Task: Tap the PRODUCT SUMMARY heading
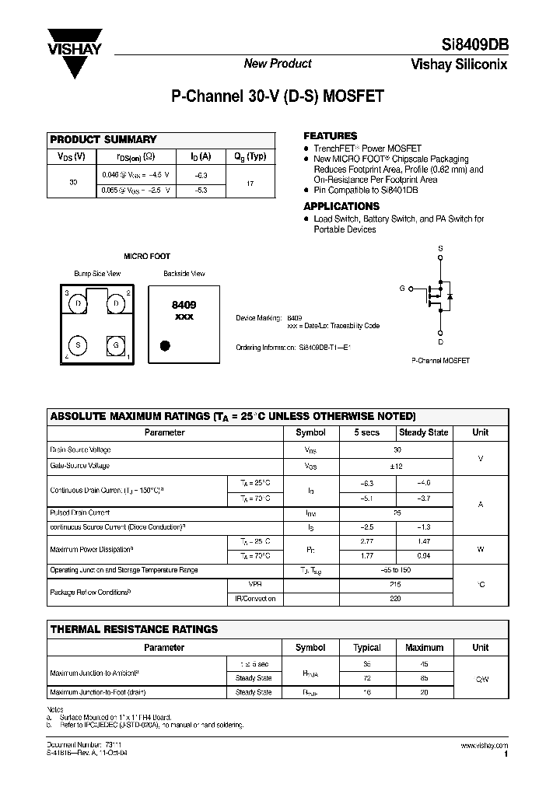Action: tap(103, 140)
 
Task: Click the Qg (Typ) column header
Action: tap(250, 156)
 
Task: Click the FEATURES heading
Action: tap(330, 135)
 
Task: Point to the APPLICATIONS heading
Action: tap(341, 206)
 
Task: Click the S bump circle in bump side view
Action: tap(79, 345)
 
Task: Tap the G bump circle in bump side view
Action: tap(115, 345)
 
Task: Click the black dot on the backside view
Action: tap(165, 345)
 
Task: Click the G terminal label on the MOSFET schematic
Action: tap(402, 289)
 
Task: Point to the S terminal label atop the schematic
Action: tap(440, 249)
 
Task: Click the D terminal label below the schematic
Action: tap(440, 341)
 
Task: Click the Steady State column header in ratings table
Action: tap(423, 432)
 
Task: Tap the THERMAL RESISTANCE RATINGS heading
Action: tap(134, 628)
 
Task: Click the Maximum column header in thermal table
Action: tap(425, 647)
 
